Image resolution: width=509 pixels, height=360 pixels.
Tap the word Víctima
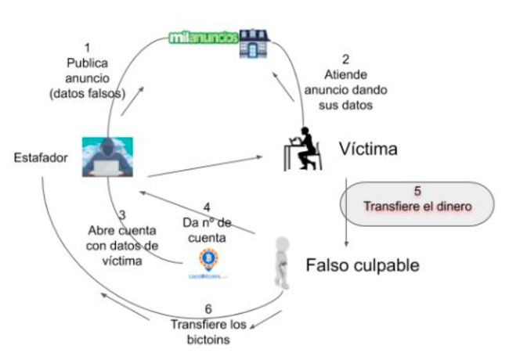coord(370,148)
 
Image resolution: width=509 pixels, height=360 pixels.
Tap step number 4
coord(207,208)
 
